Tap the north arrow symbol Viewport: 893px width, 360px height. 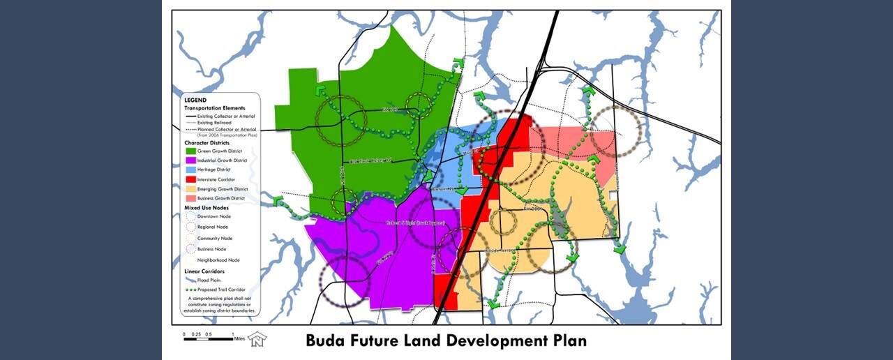tap(257, 338)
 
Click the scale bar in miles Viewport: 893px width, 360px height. tap(209, 336)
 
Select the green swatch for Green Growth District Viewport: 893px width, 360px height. tap(190, 151)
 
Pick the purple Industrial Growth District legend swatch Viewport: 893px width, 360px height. tap(190, 160)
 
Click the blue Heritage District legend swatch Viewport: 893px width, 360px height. tap(190, 170)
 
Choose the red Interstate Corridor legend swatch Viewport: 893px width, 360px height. tap(190, 179)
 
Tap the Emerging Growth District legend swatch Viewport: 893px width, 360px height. tap(190, 188)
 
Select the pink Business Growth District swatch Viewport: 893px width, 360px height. tap(190, 198)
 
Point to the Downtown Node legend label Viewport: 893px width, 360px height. tap(213, 216)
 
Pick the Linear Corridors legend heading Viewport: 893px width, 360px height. tap(204, 271)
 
